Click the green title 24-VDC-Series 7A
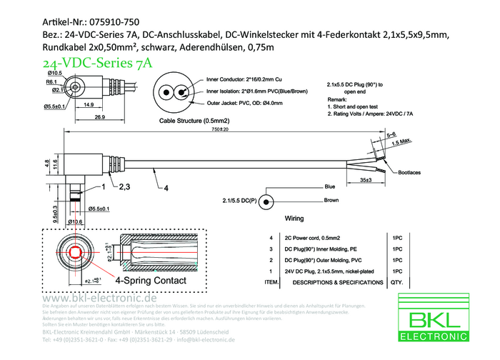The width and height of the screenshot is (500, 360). pyautogui.click(x=98, y=63)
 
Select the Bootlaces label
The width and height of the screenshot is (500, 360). pyautogui.click(x=409, y=172)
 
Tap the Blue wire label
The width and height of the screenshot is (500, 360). pyautogui.click(x=329, y=186)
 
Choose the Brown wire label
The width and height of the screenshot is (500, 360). pyautogui.click(x=331, y=201)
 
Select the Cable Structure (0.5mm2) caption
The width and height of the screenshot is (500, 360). pyautogui.click(x=189, y=121)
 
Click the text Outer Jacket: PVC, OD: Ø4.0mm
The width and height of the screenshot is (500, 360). pyautogui.click(x=244, y=104)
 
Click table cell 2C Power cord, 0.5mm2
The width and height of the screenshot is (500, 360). pyautogui.click(x=311, y=237)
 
